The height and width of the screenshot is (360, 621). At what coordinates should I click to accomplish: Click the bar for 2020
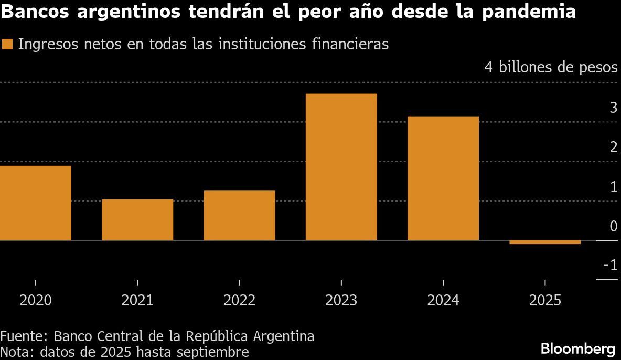pyautogui.click(x=36, y=203)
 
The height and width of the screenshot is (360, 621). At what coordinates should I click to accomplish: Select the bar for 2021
pyautogui.click(x=137, y=220)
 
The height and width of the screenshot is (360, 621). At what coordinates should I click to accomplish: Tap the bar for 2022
pyautogui.click(x=239, y=215)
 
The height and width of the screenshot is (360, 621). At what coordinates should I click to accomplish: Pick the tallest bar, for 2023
pyautogui.click(x=341, y=167)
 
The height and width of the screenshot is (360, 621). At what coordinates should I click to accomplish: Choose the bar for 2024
pyautogui.click(x=443, y=178)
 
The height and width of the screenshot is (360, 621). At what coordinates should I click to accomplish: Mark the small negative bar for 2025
pyautogui.click(x=545, y=242)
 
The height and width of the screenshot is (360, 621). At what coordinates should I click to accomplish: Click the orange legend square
pyautogui.click(x=7, y=45)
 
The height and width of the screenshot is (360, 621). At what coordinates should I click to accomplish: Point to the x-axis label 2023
pyautogui.click(x=341, y=300)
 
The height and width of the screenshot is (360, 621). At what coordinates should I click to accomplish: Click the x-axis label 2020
pyautogui.click(x=36, y=300)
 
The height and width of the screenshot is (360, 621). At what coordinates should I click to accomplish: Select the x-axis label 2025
pyautogui.click(x=545, y=300)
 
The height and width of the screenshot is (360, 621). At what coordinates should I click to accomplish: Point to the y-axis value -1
pyautogui.click(x=610, y=266)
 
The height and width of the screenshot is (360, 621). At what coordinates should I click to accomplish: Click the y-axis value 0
pyautogui.click(x=613, y=226)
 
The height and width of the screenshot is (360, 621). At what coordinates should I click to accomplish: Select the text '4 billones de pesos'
pyautogui.click(x=551, y=68)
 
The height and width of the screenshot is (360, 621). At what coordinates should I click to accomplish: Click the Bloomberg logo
pyautogui.click(x=577, y=348)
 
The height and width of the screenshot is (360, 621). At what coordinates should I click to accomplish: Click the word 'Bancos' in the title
pyautogui.click(x=35, y=12)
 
